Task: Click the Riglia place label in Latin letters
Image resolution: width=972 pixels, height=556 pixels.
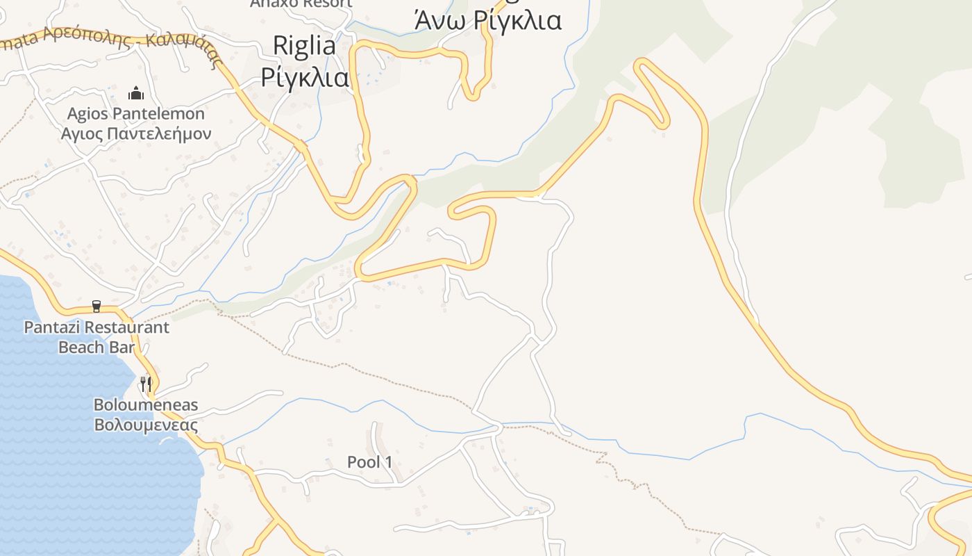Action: coord(304,46)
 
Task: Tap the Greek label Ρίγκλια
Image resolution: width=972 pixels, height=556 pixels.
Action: coord(305,77)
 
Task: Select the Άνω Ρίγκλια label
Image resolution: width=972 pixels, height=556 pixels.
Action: coord(487,21)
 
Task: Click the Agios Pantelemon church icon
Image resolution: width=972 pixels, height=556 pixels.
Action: coord(136,93)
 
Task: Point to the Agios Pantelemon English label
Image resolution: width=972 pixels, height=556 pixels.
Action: coord(136,113)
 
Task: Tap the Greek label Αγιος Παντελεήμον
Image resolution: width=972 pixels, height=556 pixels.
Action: coord(136,133)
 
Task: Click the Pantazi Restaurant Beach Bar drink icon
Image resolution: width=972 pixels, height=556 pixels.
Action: coord(97,306)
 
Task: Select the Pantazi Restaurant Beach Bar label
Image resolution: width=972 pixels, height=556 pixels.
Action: coord(97,337)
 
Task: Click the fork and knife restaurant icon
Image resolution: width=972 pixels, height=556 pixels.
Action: coord(146,384)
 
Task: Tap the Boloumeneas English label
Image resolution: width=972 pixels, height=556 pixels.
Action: coord(146,404)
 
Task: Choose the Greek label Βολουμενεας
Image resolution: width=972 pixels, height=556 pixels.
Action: coord(146,425)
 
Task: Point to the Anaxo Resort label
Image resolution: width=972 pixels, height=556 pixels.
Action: coord(301,3)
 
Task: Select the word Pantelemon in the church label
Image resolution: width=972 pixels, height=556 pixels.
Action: coord(159,113)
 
